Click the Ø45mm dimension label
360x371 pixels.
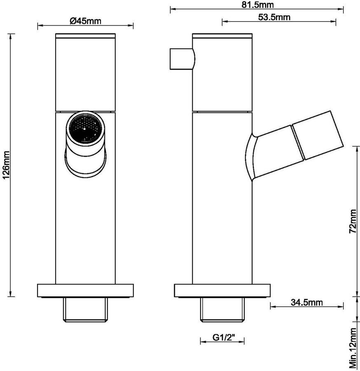(85, 21)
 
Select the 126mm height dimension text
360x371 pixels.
(6, 164)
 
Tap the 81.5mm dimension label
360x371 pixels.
(258, 5)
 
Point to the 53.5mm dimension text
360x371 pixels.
(274, 17)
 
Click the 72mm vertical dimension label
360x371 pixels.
(353, 221)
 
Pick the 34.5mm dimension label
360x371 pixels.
(306, 302)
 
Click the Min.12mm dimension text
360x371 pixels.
(353, 348)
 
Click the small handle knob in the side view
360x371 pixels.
(182, 59)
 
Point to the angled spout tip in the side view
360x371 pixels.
(318, 135)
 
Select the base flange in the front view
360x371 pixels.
(85, 291)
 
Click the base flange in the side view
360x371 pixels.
(222, 291)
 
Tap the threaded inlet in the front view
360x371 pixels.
(86, 310)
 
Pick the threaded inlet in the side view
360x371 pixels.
(222, 310)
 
